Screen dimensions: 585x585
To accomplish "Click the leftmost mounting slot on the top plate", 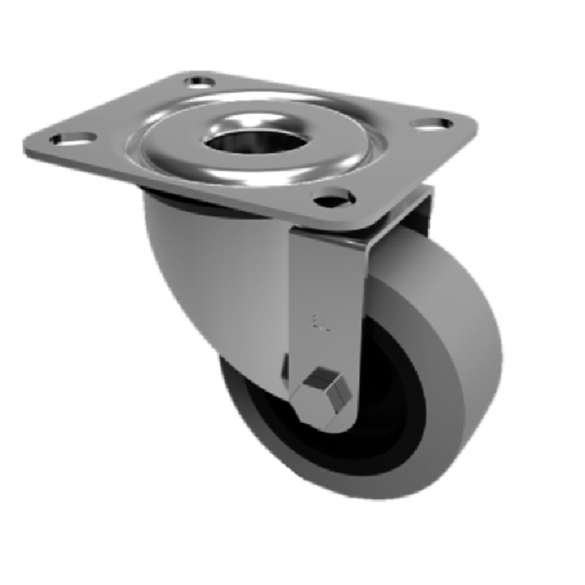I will pyautogui.click(x=75, y=138).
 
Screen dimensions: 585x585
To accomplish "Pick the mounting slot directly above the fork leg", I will pyautogui.click(x=333, y=197).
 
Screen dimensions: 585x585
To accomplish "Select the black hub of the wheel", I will pyautogui.click(x=380, y=409).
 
